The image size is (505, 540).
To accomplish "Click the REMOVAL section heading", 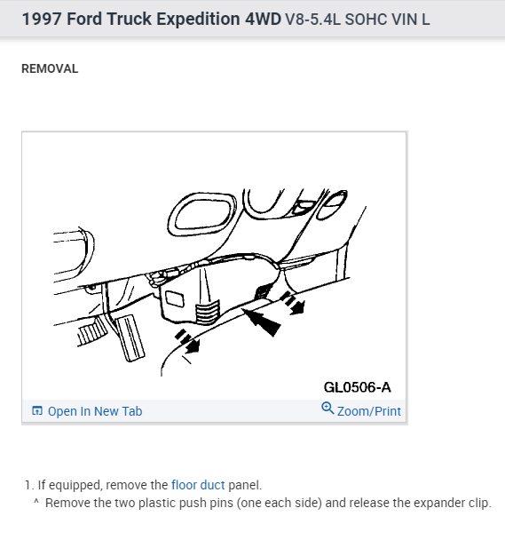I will pos(50,68).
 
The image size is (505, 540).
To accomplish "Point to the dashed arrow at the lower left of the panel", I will pos(187,341).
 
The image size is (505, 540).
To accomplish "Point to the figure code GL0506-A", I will pos(357,387).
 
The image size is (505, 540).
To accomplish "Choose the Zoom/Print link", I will pos(368,411).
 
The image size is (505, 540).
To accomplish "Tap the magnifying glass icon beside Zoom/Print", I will pos(327,409).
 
